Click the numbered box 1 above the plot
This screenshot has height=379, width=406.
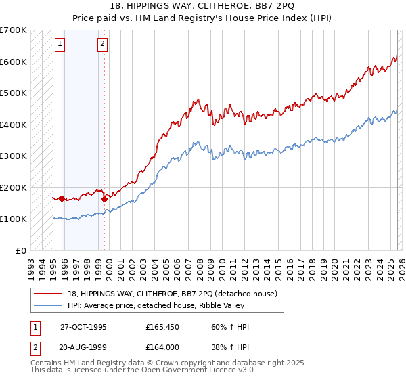click(x=60, y=45)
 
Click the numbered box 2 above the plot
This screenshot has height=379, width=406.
click(x=102, y=45)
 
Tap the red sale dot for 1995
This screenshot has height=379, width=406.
click(x=62, y=198)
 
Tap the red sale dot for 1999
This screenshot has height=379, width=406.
click(x=104, y=199)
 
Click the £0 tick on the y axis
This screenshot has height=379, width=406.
click(x=22, y=250)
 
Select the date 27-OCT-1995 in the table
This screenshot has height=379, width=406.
click(x=83, y=327)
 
